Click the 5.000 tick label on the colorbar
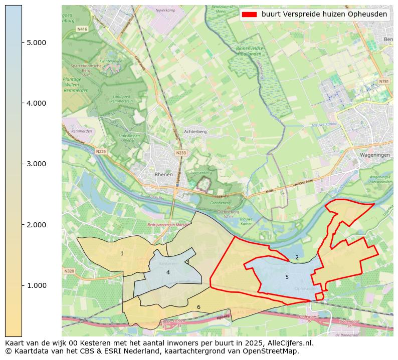point(36,43)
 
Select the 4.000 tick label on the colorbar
point(36,103)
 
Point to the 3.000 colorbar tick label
point(36,164)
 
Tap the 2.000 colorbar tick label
point(36,225)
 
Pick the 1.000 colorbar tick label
point(36,285)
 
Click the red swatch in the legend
point(249,15)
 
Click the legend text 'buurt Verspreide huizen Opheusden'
point(324,15)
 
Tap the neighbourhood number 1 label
point(122,254)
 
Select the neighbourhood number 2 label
point(297,258)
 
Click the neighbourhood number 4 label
point(168,272)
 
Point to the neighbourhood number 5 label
point(287,277)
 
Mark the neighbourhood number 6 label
point(198,307)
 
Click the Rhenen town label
point(164,174)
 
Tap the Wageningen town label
point(374,155)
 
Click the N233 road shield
point(180,153)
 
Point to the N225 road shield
point(101,151)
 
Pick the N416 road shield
point(82,30)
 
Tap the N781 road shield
point(383,81)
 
